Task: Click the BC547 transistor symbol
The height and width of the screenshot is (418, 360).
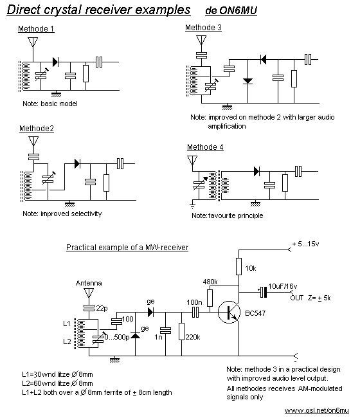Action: pos(229,312)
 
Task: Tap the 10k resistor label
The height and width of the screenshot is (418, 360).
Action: pos(251,268)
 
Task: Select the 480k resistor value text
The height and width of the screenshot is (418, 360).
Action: pos(210,282)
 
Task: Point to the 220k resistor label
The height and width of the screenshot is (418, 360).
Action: pos(193,337)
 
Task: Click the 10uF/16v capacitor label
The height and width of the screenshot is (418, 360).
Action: pos(283,286)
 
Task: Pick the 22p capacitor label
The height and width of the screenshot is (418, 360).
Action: pos(102,308)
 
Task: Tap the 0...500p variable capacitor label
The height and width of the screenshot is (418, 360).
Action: pos(117,337)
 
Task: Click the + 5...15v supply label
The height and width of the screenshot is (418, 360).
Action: pos(305,244)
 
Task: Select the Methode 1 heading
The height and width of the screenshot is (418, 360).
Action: pos(36,28)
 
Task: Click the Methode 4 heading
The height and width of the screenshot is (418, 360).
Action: pos(205,147)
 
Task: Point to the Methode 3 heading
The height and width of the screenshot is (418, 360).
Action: pos(203,28)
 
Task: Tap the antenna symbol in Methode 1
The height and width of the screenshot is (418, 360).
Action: pos(33,42)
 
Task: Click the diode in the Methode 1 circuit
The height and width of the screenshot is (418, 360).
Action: pos(55,62)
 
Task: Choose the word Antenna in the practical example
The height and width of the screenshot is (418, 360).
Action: pos(89,283)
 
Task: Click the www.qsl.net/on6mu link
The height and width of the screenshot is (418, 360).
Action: pos(316,410)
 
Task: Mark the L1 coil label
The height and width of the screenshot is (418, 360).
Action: pos(67,323)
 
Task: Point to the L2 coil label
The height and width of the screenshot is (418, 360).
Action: pos(67,341)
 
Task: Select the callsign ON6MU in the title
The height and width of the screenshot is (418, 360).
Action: pos(239,10)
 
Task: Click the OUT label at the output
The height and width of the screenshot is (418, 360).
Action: pos(297,298)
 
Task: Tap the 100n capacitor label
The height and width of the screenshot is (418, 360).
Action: pos(194,302)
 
